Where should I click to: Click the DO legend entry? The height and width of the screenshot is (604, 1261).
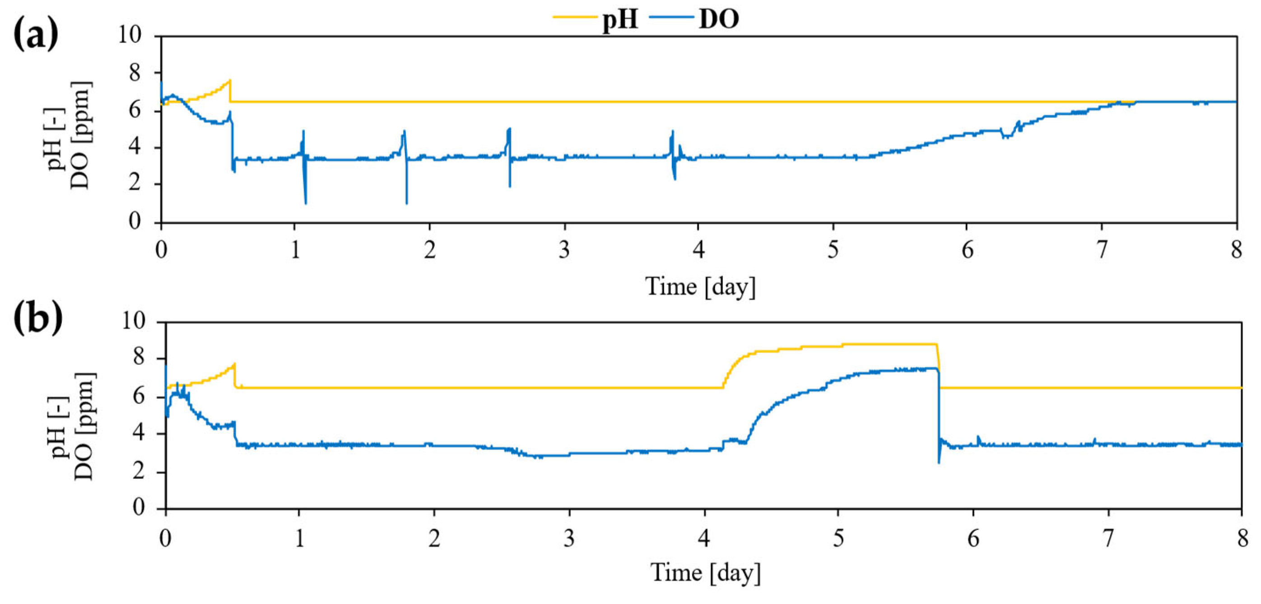click(x=718, y=19)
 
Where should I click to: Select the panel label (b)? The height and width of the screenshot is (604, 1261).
click(x=37, y=318)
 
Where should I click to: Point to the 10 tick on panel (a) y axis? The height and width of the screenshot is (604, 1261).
click(x=129, y=35)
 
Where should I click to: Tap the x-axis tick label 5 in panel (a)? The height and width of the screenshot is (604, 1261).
click(x=833, y=250)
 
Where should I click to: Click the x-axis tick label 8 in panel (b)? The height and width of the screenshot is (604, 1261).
click(x=1242, y=538)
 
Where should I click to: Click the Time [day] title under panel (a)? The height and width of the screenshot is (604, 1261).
click(x=700, y=286)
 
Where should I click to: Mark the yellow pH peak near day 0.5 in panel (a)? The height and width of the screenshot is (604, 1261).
click(x=230, y=81)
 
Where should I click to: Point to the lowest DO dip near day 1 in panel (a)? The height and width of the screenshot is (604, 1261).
click(x=306, y=202)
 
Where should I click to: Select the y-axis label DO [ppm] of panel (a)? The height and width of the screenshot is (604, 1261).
click(x=80, y=136)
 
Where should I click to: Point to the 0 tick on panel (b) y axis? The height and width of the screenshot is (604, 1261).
click(x=139, y=507)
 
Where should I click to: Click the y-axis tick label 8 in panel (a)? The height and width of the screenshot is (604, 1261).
click(x=134, y=74)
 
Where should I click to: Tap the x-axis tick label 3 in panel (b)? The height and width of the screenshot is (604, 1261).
click(x=568, y=538)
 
